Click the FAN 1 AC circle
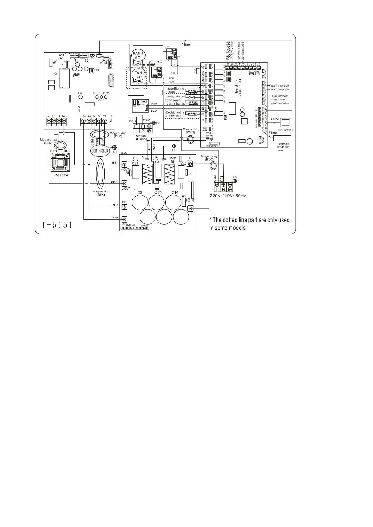click(137, 56)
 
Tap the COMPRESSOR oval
click(100, 151)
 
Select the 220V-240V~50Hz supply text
click(228, 196)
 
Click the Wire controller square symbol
click(286, 122)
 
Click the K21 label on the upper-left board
click(56, 74)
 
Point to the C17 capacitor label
click(158, 192)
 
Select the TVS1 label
click(173, 158)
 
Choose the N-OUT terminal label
click(125, 169)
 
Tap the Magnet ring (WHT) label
click(191, 131)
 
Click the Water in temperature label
click(279, 85)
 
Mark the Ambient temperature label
click(279, 103)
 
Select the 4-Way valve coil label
click(176, 97)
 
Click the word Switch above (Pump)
click(141, 136)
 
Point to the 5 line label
click(273, 133)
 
